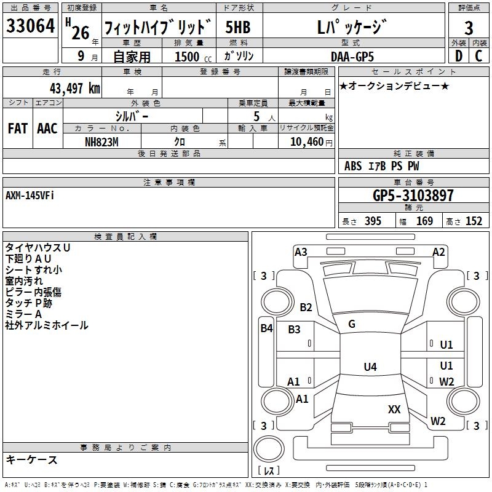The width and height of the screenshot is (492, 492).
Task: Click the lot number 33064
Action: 31,27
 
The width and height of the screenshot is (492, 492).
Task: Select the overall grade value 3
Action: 469,28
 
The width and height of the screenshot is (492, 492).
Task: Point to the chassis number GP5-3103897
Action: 413,196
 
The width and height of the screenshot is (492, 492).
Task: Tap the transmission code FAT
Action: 17,129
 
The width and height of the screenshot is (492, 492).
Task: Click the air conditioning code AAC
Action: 47,129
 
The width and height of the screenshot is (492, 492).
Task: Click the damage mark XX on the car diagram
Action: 394,409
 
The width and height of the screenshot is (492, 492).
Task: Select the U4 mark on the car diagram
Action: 370,367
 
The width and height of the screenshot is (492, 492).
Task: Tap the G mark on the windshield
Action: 352,324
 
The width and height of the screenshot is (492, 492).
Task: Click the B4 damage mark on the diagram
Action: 266,328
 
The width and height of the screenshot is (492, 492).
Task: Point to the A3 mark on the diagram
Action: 301,252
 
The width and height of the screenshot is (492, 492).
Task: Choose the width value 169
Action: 424,221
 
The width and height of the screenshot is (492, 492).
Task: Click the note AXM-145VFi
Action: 30,196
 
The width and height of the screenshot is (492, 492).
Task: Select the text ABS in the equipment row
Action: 353,166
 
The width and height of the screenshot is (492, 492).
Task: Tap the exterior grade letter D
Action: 458,56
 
